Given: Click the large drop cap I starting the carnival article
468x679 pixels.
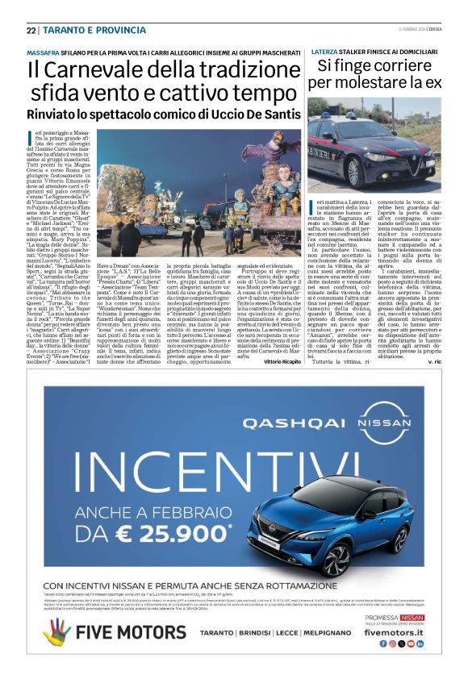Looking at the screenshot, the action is click(x=31, y=135).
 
